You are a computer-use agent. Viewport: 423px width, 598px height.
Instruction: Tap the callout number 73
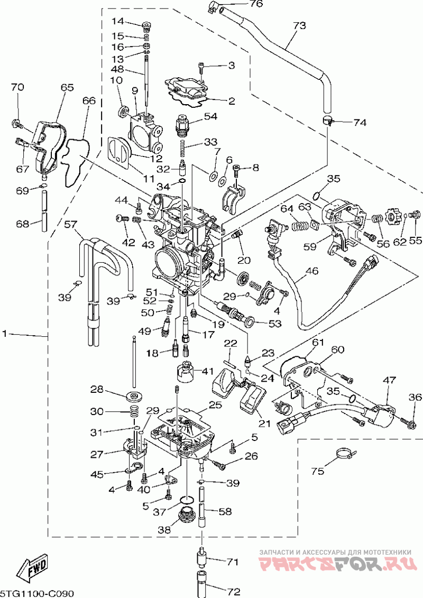pyautogui.click(x=299, y=25)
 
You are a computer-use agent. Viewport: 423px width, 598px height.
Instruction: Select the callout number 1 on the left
pyautogui.click(x=5, y=334)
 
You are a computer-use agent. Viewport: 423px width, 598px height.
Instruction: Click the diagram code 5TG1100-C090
pyautogui.click(x=36, y=593)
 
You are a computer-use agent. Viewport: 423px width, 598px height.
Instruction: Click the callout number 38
pyautogui.click(x=165, y=530)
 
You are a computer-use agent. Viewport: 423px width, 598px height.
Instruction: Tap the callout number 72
pyautogui.click(x=233, y=592)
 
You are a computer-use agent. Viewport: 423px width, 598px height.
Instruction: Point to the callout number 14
pyautogui.click(x=118, y=21)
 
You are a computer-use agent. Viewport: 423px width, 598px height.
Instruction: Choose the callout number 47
pyautogui.click(x=390, y=380)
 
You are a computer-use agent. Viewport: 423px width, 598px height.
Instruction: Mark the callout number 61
pyautogui.click(x=318, y=343)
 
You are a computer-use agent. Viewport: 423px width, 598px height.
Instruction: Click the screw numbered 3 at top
pyautogui.click(x=201, y=69)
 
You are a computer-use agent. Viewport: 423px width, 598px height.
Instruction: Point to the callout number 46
pyautogui.click(x=311, y=272)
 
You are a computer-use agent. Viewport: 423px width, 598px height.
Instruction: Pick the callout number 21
pyautogui.click(x=264, y=424)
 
